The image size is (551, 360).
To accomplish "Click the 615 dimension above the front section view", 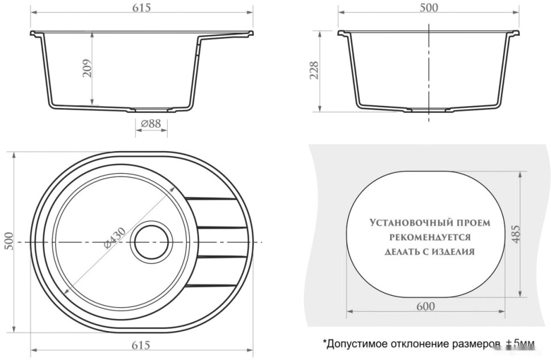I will pyautogui.click(x=141, y=6).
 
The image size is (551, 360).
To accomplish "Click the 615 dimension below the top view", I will pyautogui.click(x=141, y=345).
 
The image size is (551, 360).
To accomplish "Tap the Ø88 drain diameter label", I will pyautogui.click(x=151, y=123).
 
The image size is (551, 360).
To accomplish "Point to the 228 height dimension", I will pyautogui.click(x=314, y=71).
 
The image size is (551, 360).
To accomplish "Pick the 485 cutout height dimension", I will pyautogui.click(x=515, y=234).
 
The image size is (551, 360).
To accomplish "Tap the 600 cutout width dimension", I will pyautogui.click(x=425, y=307).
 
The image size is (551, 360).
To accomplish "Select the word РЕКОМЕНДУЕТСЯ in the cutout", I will pyautogui.click(x=429, y=237).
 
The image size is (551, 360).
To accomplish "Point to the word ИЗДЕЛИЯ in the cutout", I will pyautogui.click(x=452, y=252).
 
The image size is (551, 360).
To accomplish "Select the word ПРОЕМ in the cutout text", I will pyautogui.click(x=474, y=223).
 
